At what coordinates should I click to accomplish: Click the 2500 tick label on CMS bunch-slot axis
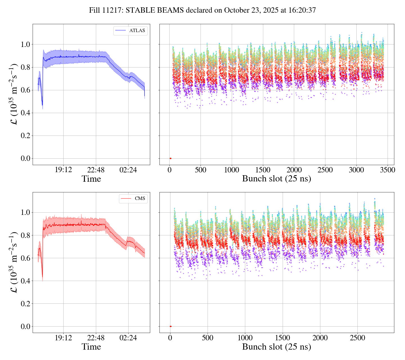point(357,338)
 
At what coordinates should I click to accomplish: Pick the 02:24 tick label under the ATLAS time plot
point(128,170)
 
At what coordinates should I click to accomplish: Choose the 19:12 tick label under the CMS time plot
point(63,338)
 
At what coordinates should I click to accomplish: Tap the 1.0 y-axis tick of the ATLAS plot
point(25,44)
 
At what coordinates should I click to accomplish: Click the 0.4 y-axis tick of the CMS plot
point(25,281)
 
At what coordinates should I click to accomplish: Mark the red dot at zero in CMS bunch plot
point(170,326)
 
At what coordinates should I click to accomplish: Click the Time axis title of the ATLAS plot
point(91,179)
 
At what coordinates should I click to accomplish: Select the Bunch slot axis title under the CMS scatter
point(276,347)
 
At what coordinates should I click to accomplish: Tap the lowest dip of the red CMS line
point(42,277)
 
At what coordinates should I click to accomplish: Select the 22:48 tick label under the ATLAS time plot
point(96,170)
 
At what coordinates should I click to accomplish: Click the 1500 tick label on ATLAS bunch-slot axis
point(263,170)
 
